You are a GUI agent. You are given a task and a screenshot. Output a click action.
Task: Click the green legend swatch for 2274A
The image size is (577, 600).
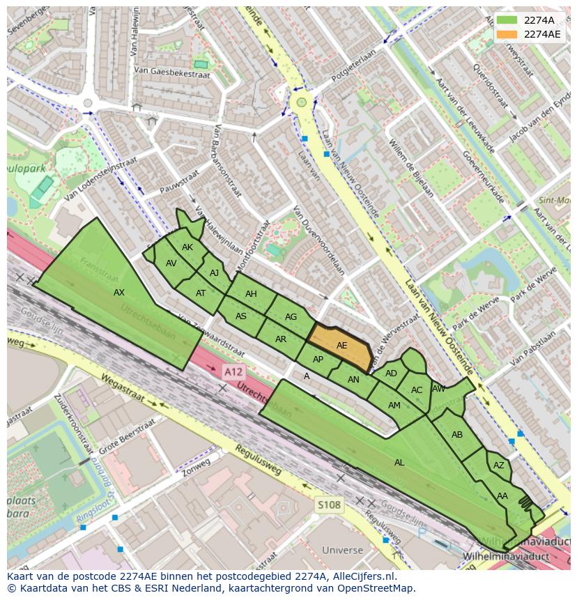(507, 20)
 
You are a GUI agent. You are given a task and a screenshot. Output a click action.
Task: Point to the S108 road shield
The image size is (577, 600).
(329, 505)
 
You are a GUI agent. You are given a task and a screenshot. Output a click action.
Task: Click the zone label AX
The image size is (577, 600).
(119, 293)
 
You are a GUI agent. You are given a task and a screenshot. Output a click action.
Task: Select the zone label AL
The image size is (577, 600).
(399, 462)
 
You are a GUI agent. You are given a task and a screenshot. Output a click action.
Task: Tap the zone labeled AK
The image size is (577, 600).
(187, 247)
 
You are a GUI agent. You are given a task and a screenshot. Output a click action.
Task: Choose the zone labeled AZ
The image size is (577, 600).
(498, 466)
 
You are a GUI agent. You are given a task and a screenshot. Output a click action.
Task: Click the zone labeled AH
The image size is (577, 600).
(251, 294)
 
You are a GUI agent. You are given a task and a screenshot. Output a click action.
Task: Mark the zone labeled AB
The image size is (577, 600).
(457, 435)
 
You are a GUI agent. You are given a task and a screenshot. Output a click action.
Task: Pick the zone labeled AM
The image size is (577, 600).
(394, 406)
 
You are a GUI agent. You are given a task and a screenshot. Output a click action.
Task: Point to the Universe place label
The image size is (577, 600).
(343, 550)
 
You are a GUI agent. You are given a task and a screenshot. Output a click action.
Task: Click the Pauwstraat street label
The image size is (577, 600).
(175, 180)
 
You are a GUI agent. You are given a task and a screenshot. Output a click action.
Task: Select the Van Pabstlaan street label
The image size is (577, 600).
(532, 348)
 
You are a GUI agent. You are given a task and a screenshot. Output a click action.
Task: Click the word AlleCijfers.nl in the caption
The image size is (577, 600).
(362, 576)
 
